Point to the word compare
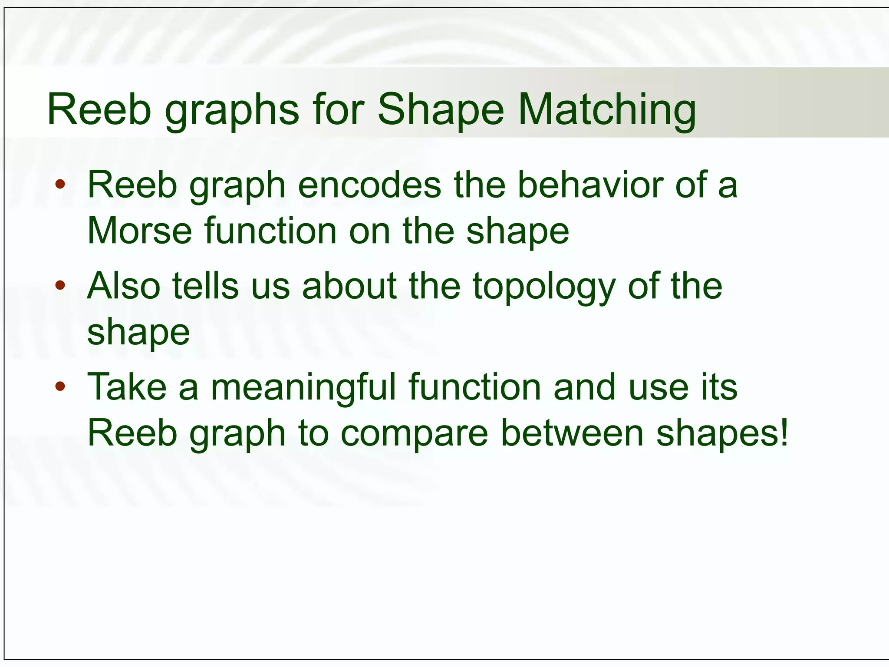click(x=415, y=434)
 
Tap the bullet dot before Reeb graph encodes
click(x=60, y=184)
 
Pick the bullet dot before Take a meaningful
click(x=60, y=386)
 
